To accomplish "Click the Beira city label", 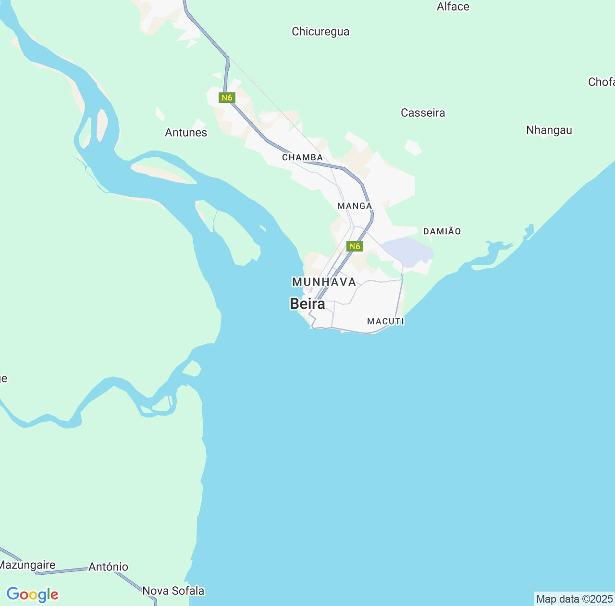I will (307, 304).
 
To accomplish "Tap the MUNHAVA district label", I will (324, 282).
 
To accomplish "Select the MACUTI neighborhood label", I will (385, 321).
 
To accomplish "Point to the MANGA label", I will (355, 206).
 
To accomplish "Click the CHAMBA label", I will (302, 157).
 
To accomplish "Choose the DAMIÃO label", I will (442, 231).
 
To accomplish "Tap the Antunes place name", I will (186, 133).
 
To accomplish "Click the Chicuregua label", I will (320, 32).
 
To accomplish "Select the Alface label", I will (453, 7).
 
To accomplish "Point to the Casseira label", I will (423, 113).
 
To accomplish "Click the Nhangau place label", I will (549, 130).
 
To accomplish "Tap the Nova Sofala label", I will (173, 591).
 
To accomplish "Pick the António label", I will (109, 567).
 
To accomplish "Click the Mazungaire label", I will (27, 565).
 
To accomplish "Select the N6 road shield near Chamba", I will (226, 98).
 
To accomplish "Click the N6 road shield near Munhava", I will (355, 246).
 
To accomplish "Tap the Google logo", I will (32, 594).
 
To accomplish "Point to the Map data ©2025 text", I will (574, 599).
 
